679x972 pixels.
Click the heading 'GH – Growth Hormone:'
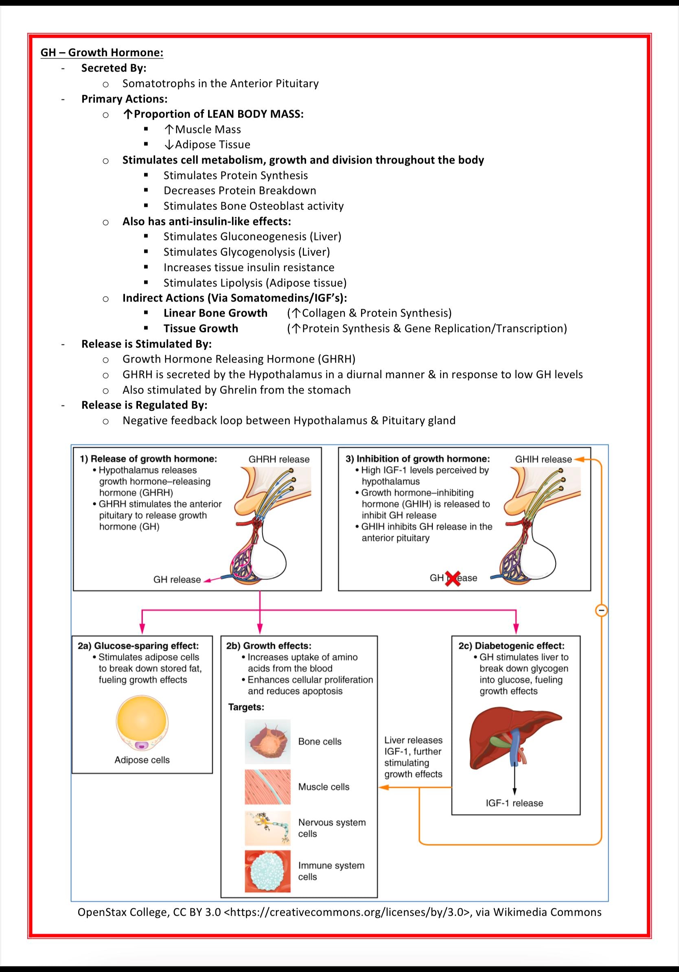102,53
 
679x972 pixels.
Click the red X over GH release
453,578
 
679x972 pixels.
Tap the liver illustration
514,739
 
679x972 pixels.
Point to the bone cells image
267,741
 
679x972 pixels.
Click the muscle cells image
267,786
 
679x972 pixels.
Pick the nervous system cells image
267,828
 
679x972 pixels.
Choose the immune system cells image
267,871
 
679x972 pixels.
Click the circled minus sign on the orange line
601,611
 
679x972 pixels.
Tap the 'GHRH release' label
278,459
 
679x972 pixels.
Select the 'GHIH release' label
543,459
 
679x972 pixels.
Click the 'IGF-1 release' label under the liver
514,803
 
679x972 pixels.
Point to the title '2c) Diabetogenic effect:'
511,646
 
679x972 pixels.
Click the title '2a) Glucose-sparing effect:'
138,646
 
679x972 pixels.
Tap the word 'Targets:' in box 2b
246,707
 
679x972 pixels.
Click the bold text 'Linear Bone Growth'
215,313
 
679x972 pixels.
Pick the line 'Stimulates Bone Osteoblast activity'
254,206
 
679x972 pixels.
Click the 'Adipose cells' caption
142,760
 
